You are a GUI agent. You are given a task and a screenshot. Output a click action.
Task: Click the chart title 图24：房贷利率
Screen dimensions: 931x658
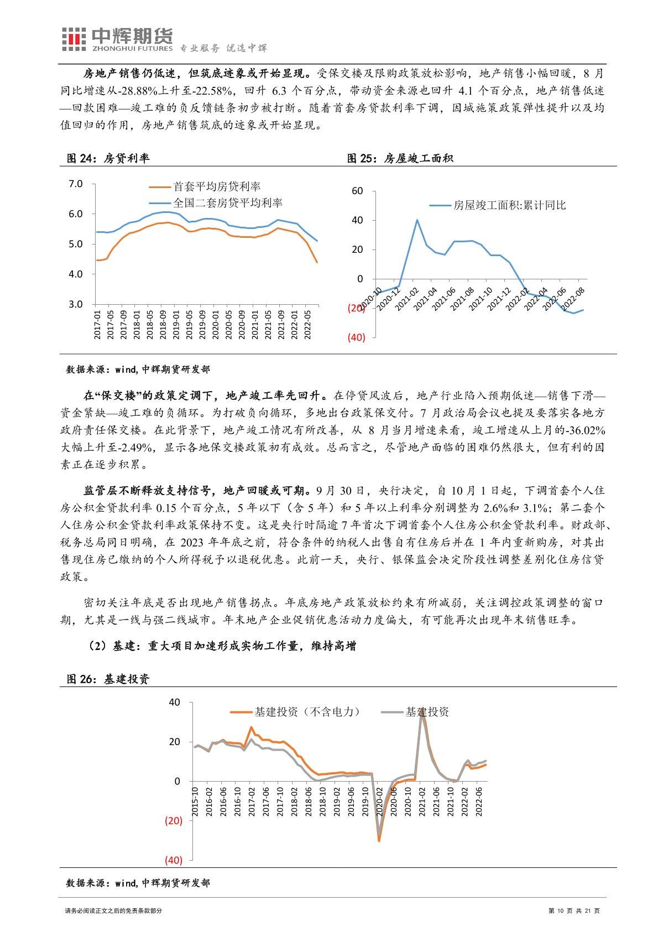(108, 159)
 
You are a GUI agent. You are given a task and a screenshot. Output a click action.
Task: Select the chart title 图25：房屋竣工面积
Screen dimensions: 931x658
(400, 159)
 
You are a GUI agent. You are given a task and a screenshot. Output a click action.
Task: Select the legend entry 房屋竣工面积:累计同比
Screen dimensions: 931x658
(509, 205)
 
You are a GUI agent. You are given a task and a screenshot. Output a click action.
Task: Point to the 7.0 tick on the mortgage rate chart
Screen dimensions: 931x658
(75, 184)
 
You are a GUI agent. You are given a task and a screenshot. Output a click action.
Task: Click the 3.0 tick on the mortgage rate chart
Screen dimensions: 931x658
(75, 304)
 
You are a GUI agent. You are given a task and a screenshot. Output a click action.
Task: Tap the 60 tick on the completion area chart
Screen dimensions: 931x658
(357, 191)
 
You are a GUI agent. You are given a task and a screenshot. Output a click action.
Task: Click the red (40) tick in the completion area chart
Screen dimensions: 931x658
(356, 337)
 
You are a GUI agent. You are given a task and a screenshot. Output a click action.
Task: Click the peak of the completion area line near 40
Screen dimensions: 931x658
(417, 220)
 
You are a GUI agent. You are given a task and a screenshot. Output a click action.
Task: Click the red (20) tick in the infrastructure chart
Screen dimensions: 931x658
(173, 821)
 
